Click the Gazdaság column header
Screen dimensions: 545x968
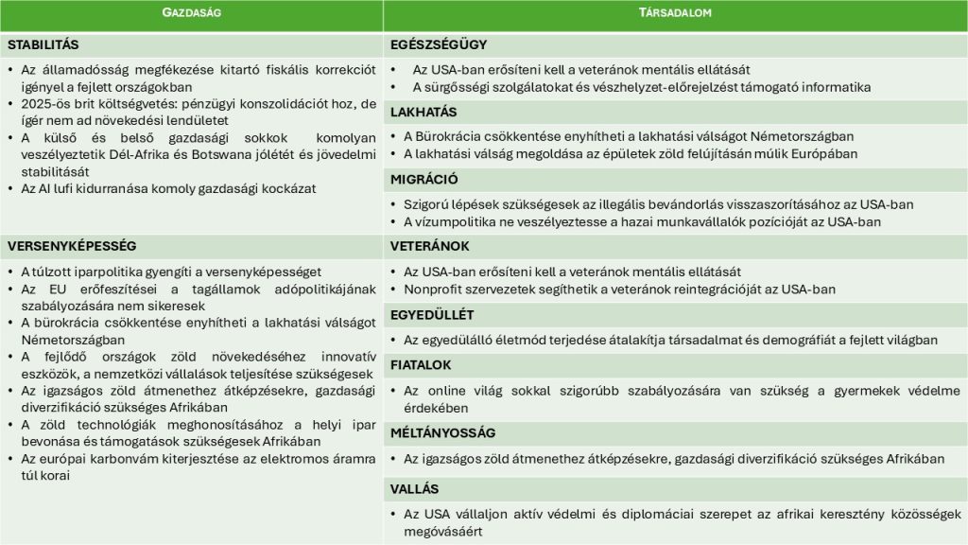tap(191, 13)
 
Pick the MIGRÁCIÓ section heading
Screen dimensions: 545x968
tap(424, 179)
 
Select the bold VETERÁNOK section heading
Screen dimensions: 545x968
tap(429, 246)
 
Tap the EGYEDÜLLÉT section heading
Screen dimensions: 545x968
tap(432, 314)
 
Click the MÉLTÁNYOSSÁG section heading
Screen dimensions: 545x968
tap(442, 432)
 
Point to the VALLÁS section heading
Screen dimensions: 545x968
tap(415, 489)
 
